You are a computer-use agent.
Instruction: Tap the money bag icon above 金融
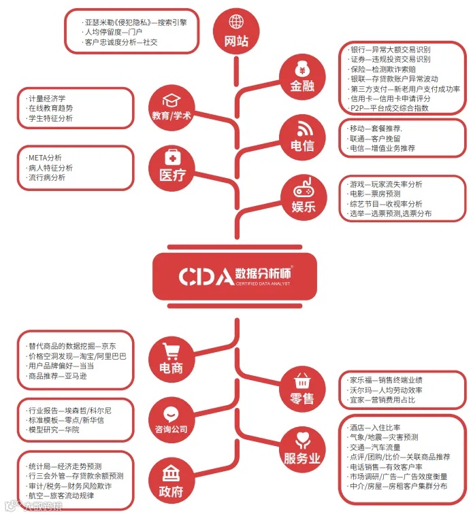point(303,69)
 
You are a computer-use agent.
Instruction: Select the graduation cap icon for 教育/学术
point(172,99)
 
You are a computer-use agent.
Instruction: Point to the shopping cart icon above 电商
point(172,351)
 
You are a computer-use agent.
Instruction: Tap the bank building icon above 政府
point(172,472)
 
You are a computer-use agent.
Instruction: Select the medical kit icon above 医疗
point(172,157)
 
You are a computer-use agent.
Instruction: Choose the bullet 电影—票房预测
point(376,194)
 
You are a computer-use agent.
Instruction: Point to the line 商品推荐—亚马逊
point(57,376)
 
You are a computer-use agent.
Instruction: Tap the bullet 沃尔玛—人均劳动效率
point(386,390)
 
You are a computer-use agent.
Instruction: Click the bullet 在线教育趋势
point(51,108)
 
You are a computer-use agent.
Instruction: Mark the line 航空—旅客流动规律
point(61,496)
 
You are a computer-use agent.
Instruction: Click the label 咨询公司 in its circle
point(172,430)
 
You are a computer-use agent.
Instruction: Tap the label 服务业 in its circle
point(303,459)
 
